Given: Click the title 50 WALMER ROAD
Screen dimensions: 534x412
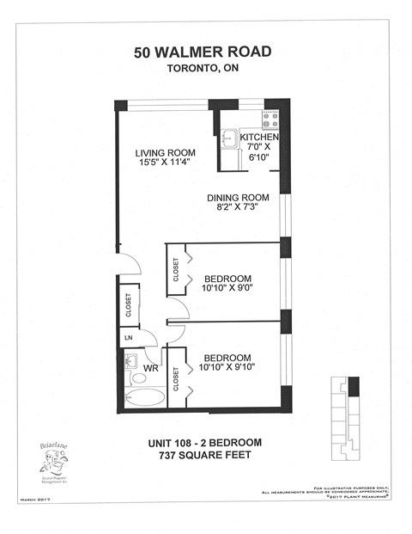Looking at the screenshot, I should click(203, 52).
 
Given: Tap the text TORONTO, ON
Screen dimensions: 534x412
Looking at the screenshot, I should click(203, 72).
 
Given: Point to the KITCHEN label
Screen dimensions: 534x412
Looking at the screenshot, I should click(259, 137).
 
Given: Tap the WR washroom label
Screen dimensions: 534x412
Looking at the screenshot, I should click(149, 367).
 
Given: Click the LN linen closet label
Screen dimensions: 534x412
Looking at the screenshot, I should click(129, 337).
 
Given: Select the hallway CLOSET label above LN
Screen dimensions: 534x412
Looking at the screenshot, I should click(129, 306).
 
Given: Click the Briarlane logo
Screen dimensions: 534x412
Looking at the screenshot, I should click(53, 462).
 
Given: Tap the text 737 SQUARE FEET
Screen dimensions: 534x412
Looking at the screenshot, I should click(203, 456).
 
